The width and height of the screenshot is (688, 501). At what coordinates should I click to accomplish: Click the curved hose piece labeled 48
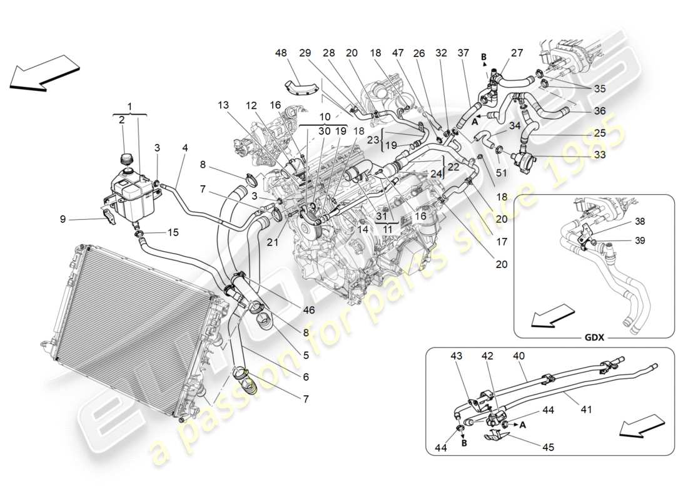[x=302, y=86]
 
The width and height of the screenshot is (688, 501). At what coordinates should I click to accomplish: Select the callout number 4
[x=185, y=148]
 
